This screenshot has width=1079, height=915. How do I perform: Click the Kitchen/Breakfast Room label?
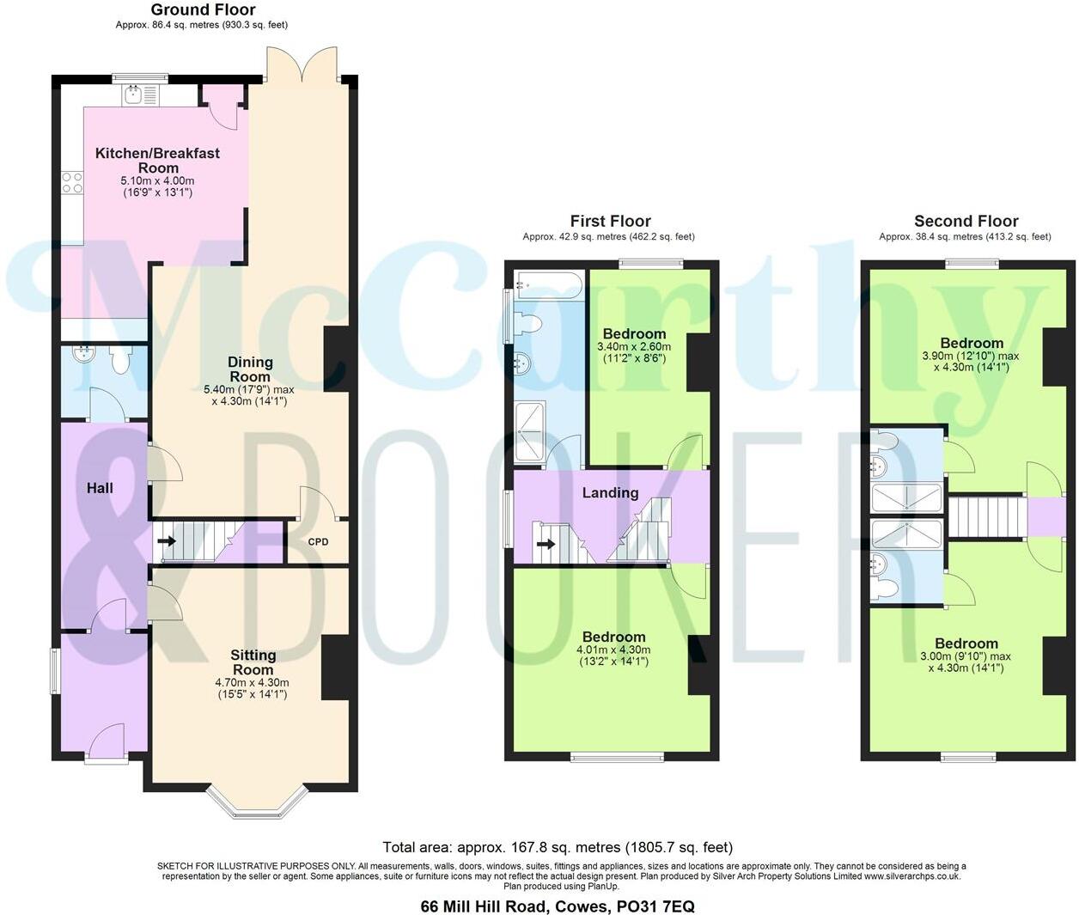(157, 161)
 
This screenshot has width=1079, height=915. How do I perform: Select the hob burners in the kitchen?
(72, 182)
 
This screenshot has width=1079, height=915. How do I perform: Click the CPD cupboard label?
(318, 543)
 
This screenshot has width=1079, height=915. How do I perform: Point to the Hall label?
(100, 488)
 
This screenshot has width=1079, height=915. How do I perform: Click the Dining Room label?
(250, 369)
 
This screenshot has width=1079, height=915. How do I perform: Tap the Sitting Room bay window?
(257, 800)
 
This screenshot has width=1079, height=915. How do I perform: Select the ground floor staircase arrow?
(167, 541)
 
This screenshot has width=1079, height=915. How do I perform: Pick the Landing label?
(610, 492)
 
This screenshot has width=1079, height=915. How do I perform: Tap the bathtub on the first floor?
(548, 284)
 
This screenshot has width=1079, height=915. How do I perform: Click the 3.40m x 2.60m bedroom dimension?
(634, 347)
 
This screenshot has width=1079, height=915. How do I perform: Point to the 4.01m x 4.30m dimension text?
(613, 650)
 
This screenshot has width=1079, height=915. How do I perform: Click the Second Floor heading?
(966, 221)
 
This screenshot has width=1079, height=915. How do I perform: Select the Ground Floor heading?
(203, 10)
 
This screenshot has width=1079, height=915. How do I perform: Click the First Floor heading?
(610, 221)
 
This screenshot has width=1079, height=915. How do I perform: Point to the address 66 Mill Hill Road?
(557, 906)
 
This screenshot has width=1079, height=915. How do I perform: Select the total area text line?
(557, 848)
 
